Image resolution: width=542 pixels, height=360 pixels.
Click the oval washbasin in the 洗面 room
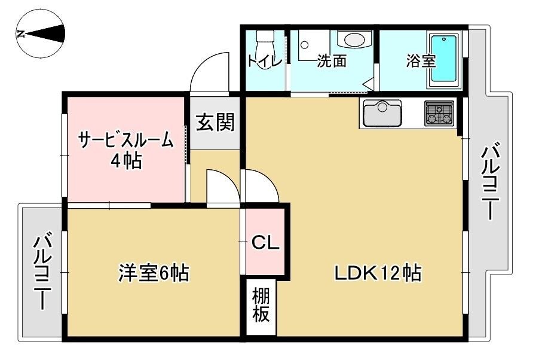(x=354, y=39)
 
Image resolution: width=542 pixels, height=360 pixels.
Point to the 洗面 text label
(x=331, y=60)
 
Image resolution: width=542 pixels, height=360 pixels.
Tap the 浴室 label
(x=421, y=60)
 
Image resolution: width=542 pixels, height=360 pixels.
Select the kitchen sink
(x=381, y=112)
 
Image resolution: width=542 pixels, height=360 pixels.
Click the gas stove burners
(x=440, y=113)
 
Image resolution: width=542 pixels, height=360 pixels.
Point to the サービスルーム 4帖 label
(x=126, y=150)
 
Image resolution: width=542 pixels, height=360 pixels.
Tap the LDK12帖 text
(x=378, y=273)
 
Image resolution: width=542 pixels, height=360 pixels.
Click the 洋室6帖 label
(x=154, y=273)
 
